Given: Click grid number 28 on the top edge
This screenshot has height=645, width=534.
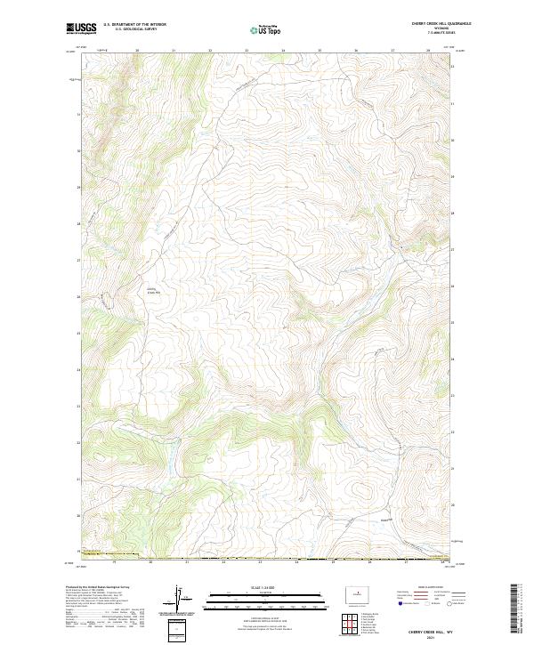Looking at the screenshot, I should point(428,51).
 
